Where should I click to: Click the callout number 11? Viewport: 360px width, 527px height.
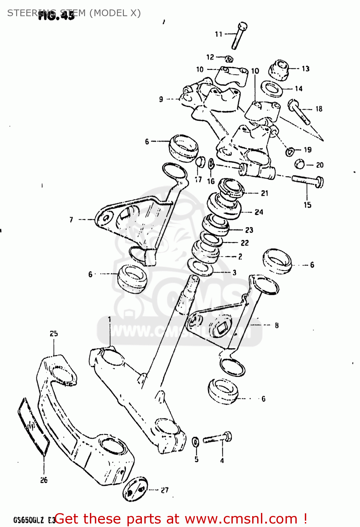click(x=218, y=34)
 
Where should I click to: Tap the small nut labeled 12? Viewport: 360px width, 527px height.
click(x=229, y=59)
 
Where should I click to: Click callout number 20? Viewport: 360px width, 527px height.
click(x=320, y=165)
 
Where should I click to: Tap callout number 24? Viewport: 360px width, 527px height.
click(x=259, y=212)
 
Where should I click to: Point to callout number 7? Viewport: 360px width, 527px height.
click(x=71, y=220)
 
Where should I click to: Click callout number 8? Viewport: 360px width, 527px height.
click(x=277, y=325)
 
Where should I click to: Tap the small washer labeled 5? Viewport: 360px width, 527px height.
click(x=196, y=442)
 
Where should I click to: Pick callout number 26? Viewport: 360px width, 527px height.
click(x=44, y=480)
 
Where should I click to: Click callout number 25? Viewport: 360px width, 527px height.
click(x=53, y=333)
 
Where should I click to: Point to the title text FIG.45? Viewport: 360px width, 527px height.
click(x=56, y=16)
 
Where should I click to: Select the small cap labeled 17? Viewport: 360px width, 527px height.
click(x=199, y=162)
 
